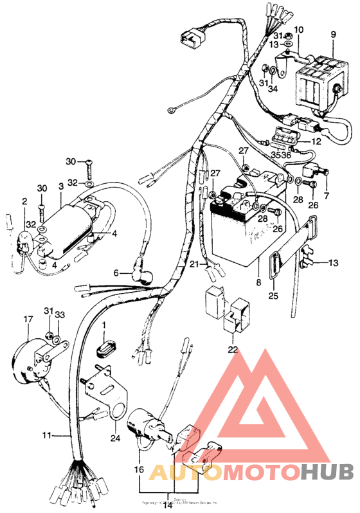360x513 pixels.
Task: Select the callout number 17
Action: [28, 319]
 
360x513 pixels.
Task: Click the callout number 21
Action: [194, 265]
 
